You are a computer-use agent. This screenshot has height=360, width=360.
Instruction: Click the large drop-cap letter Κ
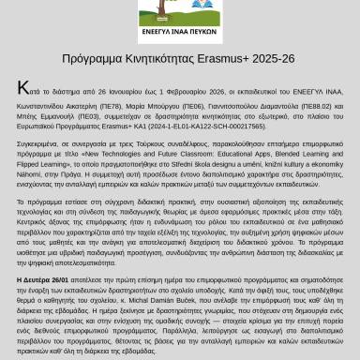click(x=22, y=86)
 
